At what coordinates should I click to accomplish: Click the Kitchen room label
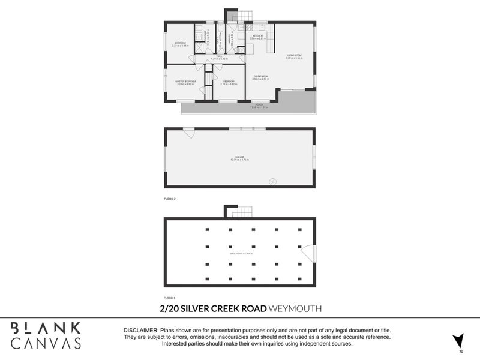257,37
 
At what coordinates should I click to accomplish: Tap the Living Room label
294,56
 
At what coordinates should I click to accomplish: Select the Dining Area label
260,77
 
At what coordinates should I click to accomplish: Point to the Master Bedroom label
185,82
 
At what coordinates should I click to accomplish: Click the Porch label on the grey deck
259,106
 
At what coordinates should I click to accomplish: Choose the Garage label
239,158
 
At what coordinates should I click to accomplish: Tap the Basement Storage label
241,254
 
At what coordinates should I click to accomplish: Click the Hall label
220,58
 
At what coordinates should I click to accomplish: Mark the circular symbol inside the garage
273,181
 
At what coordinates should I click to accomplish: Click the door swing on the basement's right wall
308,253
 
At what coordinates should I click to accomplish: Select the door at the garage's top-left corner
188,133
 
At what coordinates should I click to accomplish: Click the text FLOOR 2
170,198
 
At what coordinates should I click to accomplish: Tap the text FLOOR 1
170,298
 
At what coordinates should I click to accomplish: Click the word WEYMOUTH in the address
296,308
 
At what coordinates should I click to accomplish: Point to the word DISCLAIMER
140,331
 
